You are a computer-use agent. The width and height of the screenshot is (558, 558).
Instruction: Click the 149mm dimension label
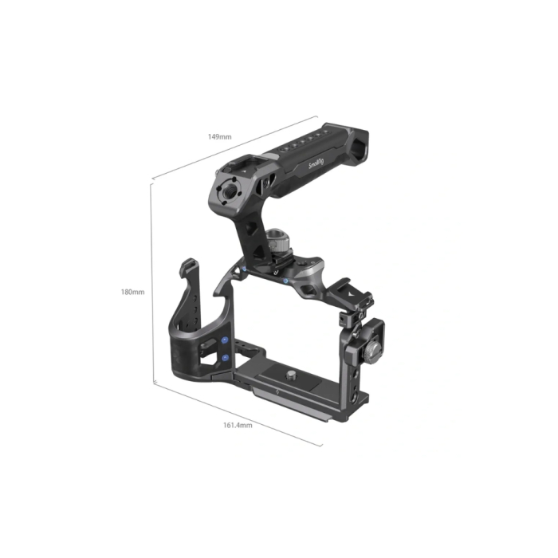[x=220, y=136]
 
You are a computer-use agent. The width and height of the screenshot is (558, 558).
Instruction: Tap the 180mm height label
[x=132, y=292]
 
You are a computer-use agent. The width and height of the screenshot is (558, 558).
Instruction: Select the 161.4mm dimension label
[x=237, y=425]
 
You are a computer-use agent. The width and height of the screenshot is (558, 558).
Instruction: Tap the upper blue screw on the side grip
[x=225, y=340]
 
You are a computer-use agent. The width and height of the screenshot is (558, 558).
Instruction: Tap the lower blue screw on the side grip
[x=225, y=360]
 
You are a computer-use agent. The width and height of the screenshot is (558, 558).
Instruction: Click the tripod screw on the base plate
[x=290, y=371]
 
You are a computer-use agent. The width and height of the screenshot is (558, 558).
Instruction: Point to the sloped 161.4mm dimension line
[x=239, y=413]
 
